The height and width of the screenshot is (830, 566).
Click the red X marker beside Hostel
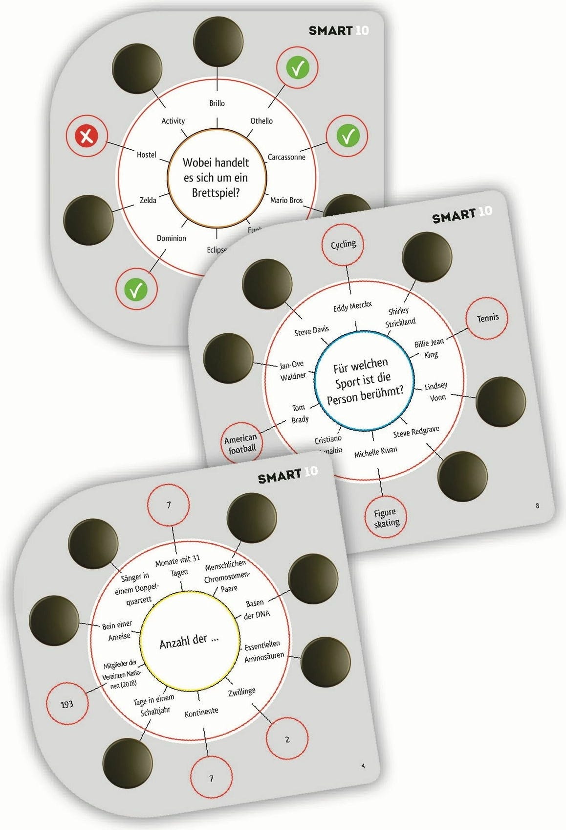87,136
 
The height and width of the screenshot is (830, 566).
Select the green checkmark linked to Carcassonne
348,136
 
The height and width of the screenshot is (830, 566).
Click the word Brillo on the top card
217,103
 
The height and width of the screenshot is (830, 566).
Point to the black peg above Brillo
218,41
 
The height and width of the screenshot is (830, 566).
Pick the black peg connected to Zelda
88,220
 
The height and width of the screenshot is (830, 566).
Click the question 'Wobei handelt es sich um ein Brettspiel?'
216,178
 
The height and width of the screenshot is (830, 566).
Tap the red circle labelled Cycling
343,245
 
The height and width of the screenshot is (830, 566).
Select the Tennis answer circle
487,318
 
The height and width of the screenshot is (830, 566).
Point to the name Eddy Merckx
352,307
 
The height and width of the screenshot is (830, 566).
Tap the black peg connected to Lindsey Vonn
500,401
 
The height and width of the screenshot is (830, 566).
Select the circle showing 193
67,704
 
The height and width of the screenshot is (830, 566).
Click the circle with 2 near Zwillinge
287,739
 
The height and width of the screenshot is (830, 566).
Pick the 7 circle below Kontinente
211,778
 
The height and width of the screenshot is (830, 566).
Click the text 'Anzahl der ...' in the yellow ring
189,642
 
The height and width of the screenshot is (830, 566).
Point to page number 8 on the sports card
537,506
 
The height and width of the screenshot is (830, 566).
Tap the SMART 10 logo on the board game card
338,30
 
